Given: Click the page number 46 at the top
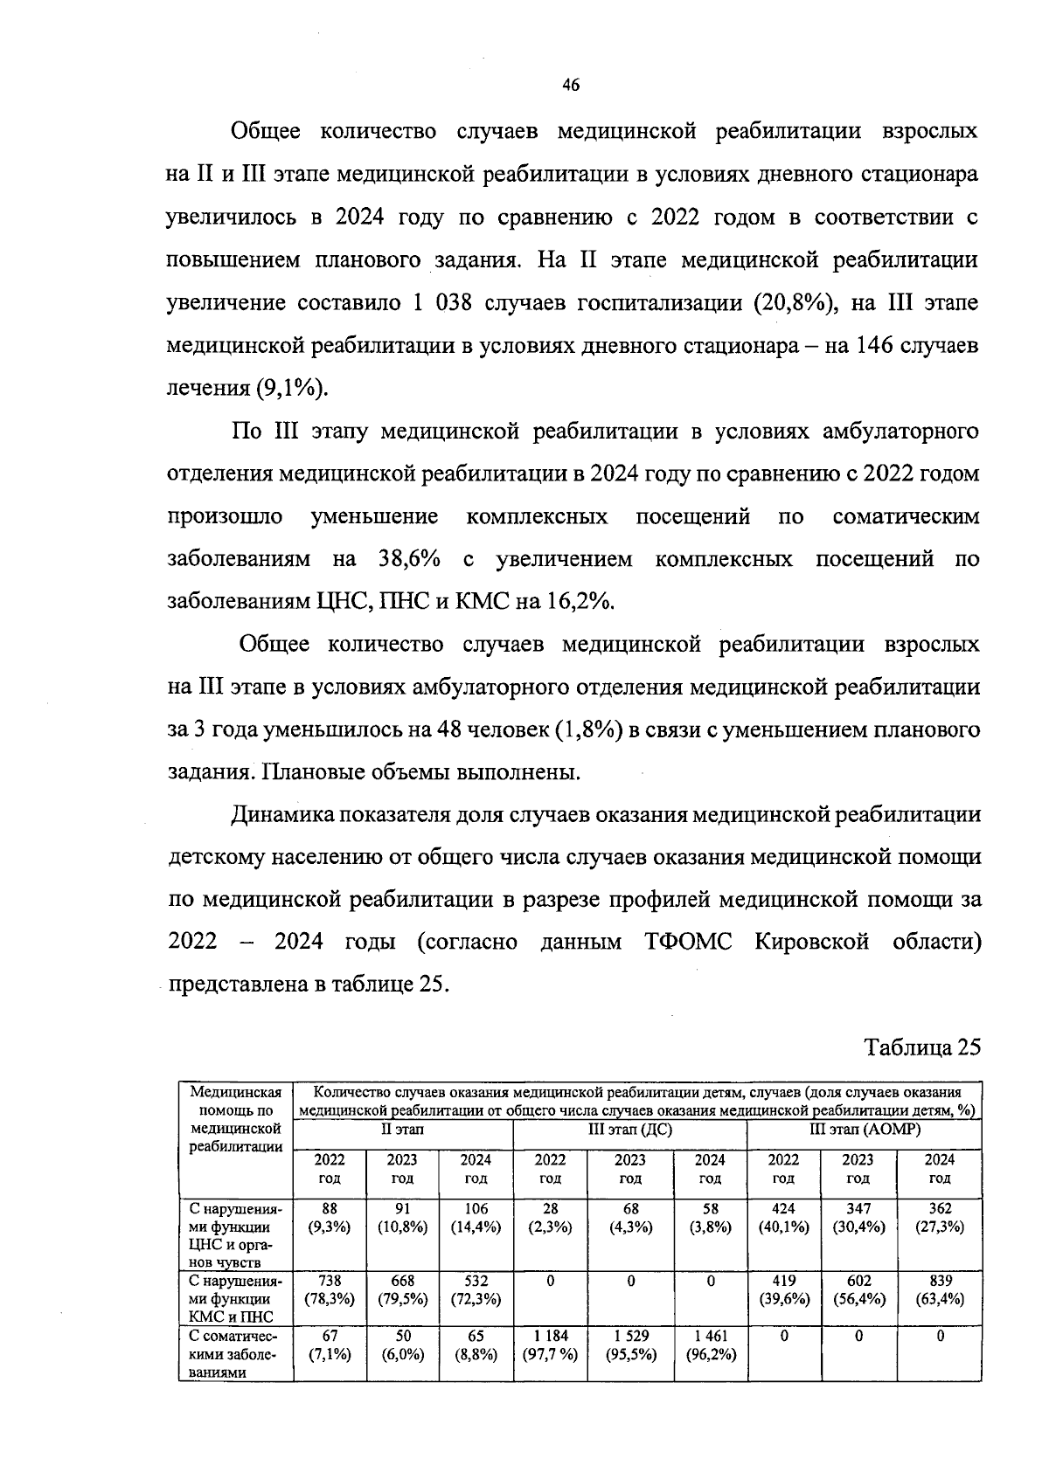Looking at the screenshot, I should tap(570, 85).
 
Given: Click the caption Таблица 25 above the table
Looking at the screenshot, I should tap(923, 1047).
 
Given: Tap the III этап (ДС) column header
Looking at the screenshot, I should tap(629, 1130).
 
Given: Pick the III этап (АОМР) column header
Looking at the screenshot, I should tap(864, 1130).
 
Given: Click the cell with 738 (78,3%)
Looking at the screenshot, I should tap(330, 1289).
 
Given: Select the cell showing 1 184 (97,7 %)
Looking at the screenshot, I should tap(550, 1345).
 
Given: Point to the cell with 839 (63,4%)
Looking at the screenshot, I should tap(939, 1289).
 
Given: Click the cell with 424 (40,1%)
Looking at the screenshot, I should tap(783, 1218).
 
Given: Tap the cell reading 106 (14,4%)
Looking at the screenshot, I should tap(476, 1218).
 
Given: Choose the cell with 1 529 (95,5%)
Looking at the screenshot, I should tap(630, 1345).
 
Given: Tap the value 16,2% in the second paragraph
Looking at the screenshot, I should tap(581, 602).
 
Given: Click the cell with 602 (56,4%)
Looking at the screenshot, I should tap(858, 1289).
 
